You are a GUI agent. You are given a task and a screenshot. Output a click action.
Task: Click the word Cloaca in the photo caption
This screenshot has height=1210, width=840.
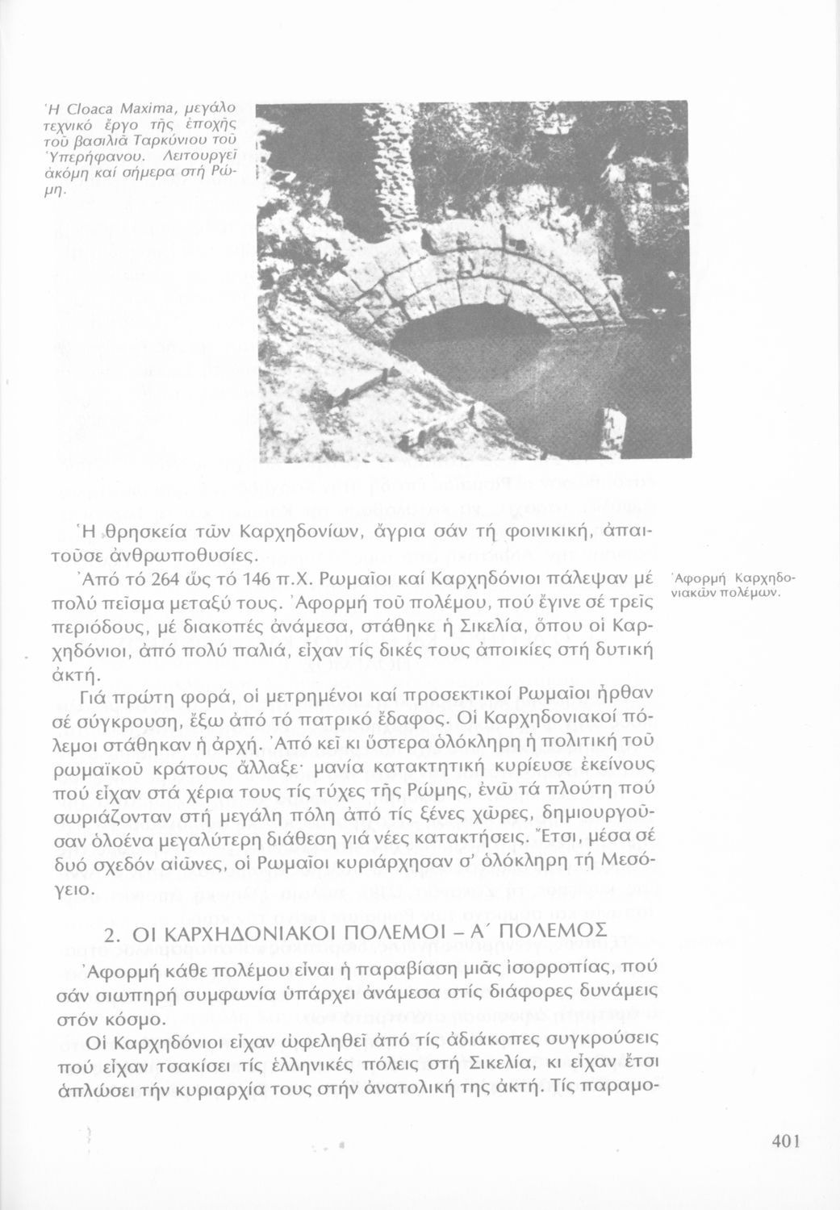[x=83, y=107]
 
